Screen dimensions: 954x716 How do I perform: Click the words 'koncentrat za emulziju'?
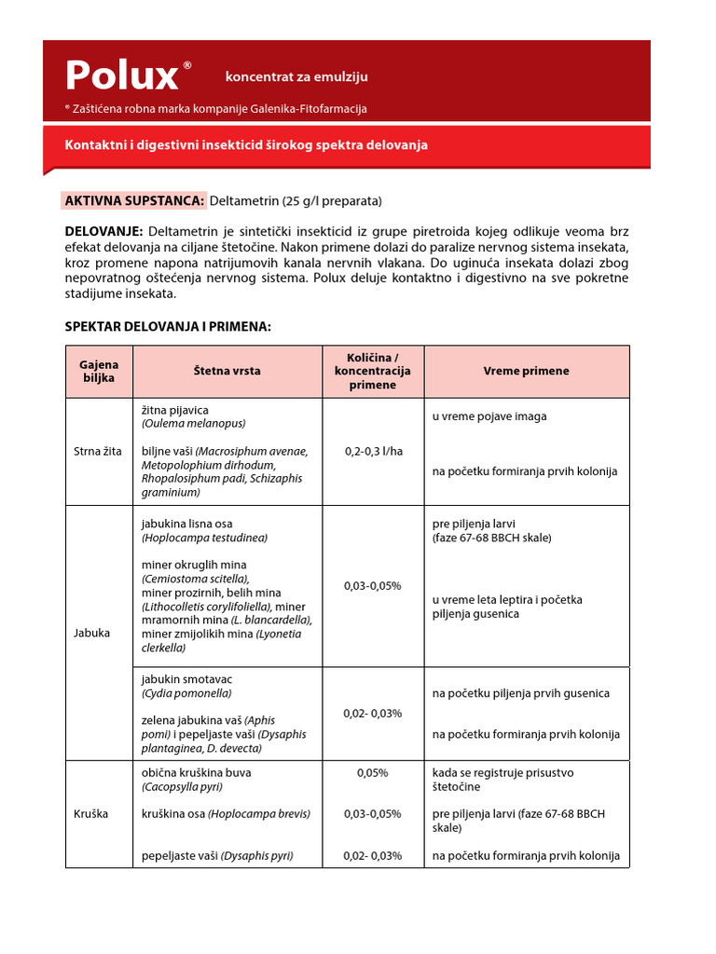tap(296, 77)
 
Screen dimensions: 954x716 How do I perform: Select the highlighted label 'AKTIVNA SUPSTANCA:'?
tap(134, 200)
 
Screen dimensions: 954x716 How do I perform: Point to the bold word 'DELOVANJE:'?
tap(103, 230)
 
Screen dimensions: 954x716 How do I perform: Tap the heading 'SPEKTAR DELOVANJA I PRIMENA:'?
tap(168, 326)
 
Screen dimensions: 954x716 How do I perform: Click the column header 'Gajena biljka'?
tap(99, 371)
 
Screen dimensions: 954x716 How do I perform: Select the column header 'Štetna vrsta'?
tap(227, 371)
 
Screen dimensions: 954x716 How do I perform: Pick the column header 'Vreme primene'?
tap(526, 371)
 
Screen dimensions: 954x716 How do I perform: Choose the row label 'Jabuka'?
tap(91, 633)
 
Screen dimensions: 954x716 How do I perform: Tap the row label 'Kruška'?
tap(91, 813)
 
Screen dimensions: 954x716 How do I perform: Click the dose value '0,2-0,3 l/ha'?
tap(373, 451)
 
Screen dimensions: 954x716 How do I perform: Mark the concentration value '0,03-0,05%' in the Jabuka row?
tap(373, 585)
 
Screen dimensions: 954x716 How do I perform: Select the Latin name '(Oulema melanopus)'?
tap(194, 423)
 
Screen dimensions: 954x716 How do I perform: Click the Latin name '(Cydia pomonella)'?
tap(186, 693)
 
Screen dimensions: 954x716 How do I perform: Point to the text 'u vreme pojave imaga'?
tap(489, 416)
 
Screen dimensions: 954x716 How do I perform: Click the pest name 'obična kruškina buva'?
tap(196, 772)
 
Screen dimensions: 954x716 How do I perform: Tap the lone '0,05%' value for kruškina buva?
tap(373, 772)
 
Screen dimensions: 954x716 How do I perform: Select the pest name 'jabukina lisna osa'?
tap(187, 524)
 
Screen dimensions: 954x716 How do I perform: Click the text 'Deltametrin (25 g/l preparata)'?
tap(296, 200)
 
